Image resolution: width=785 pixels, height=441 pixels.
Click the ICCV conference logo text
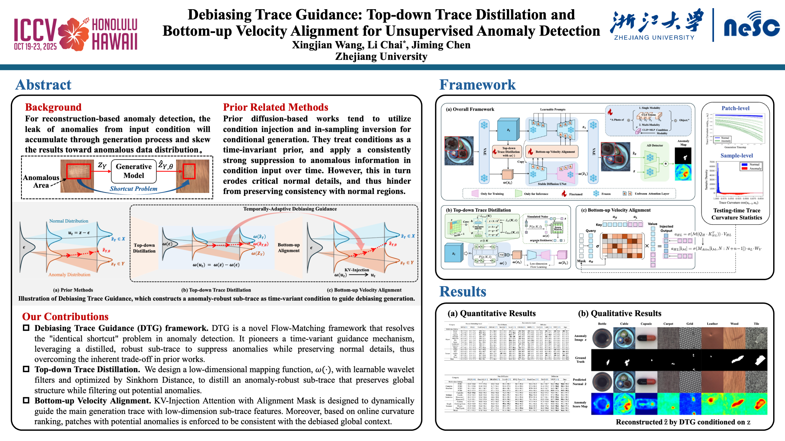35,30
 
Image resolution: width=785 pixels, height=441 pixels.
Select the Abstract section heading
43,85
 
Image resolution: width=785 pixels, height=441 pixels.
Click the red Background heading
53,107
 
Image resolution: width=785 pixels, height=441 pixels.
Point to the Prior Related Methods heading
276,107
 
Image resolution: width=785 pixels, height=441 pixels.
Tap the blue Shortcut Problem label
134,189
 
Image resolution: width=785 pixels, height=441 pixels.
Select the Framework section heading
477,85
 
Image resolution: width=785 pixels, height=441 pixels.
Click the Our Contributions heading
65,317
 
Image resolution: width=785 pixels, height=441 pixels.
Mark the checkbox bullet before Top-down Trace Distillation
26,369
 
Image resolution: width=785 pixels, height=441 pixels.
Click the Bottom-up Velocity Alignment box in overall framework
552,151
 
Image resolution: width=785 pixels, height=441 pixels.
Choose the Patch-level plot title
735,108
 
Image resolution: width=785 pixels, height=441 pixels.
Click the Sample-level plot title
737,155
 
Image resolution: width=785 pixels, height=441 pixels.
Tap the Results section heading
463,292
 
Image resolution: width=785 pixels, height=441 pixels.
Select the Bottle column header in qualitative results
602,324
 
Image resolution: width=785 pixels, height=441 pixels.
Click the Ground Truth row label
580,360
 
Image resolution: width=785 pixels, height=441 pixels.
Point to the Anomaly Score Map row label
580,404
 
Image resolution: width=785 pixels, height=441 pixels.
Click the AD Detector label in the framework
655,145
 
